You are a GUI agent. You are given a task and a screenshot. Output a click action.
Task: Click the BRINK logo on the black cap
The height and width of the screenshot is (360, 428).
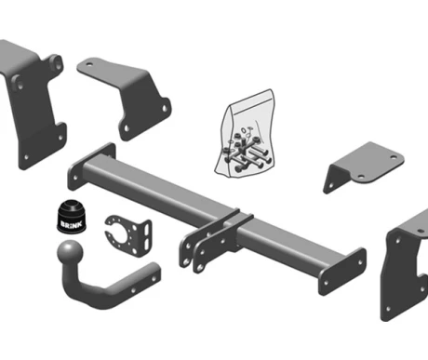click(72, 224)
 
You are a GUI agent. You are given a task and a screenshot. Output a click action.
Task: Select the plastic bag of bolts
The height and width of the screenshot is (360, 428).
click(246, 133)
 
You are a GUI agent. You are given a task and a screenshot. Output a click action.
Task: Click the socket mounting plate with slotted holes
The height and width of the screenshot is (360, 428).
click(128, 234)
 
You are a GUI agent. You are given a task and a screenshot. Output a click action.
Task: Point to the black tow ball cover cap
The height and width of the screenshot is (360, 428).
click(72, 217)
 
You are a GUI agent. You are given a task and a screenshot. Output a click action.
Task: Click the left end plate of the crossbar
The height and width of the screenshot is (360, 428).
click(91, 166)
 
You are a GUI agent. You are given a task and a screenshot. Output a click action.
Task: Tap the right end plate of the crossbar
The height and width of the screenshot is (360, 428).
click(342, 272)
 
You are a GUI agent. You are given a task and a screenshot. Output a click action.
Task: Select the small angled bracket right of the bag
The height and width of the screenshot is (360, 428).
click(364, 167)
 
